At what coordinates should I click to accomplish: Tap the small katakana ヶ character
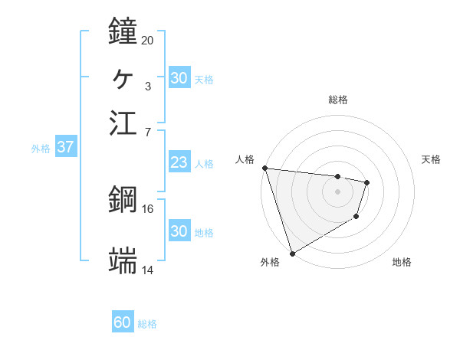click(x=123, y=77)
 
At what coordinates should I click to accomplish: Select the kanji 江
click(x=123, y=123)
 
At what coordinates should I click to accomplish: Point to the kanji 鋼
click(x=123, y=200)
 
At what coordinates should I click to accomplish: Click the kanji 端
click(x=123, y=260)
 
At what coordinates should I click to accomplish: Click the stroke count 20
click(x=147, y=40)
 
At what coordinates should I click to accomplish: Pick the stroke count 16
click(x=147, y=208)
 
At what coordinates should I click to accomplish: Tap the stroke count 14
click(x=147, y=270)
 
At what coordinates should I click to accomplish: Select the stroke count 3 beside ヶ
click(x=147, y=85)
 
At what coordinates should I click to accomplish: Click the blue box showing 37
click(x=65, y=147)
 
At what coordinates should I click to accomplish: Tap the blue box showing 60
click(x=123, y=322)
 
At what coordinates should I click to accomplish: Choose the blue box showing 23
click(x=179, y=162)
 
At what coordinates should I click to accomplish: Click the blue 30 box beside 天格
click(x=179, y=78)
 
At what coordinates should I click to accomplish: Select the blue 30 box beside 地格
click(x=179, y=231)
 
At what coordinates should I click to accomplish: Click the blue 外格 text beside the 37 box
click(x=41, y=149)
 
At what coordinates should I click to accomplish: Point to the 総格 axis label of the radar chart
click(x=338, y=100)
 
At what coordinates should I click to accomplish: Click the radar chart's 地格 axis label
click(x=402, y=263)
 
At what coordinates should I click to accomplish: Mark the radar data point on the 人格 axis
click(x=264, y=168)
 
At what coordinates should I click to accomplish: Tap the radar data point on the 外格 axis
click(x=293, y=254)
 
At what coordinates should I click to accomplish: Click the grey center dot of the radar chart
click(x=338, y=191)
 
